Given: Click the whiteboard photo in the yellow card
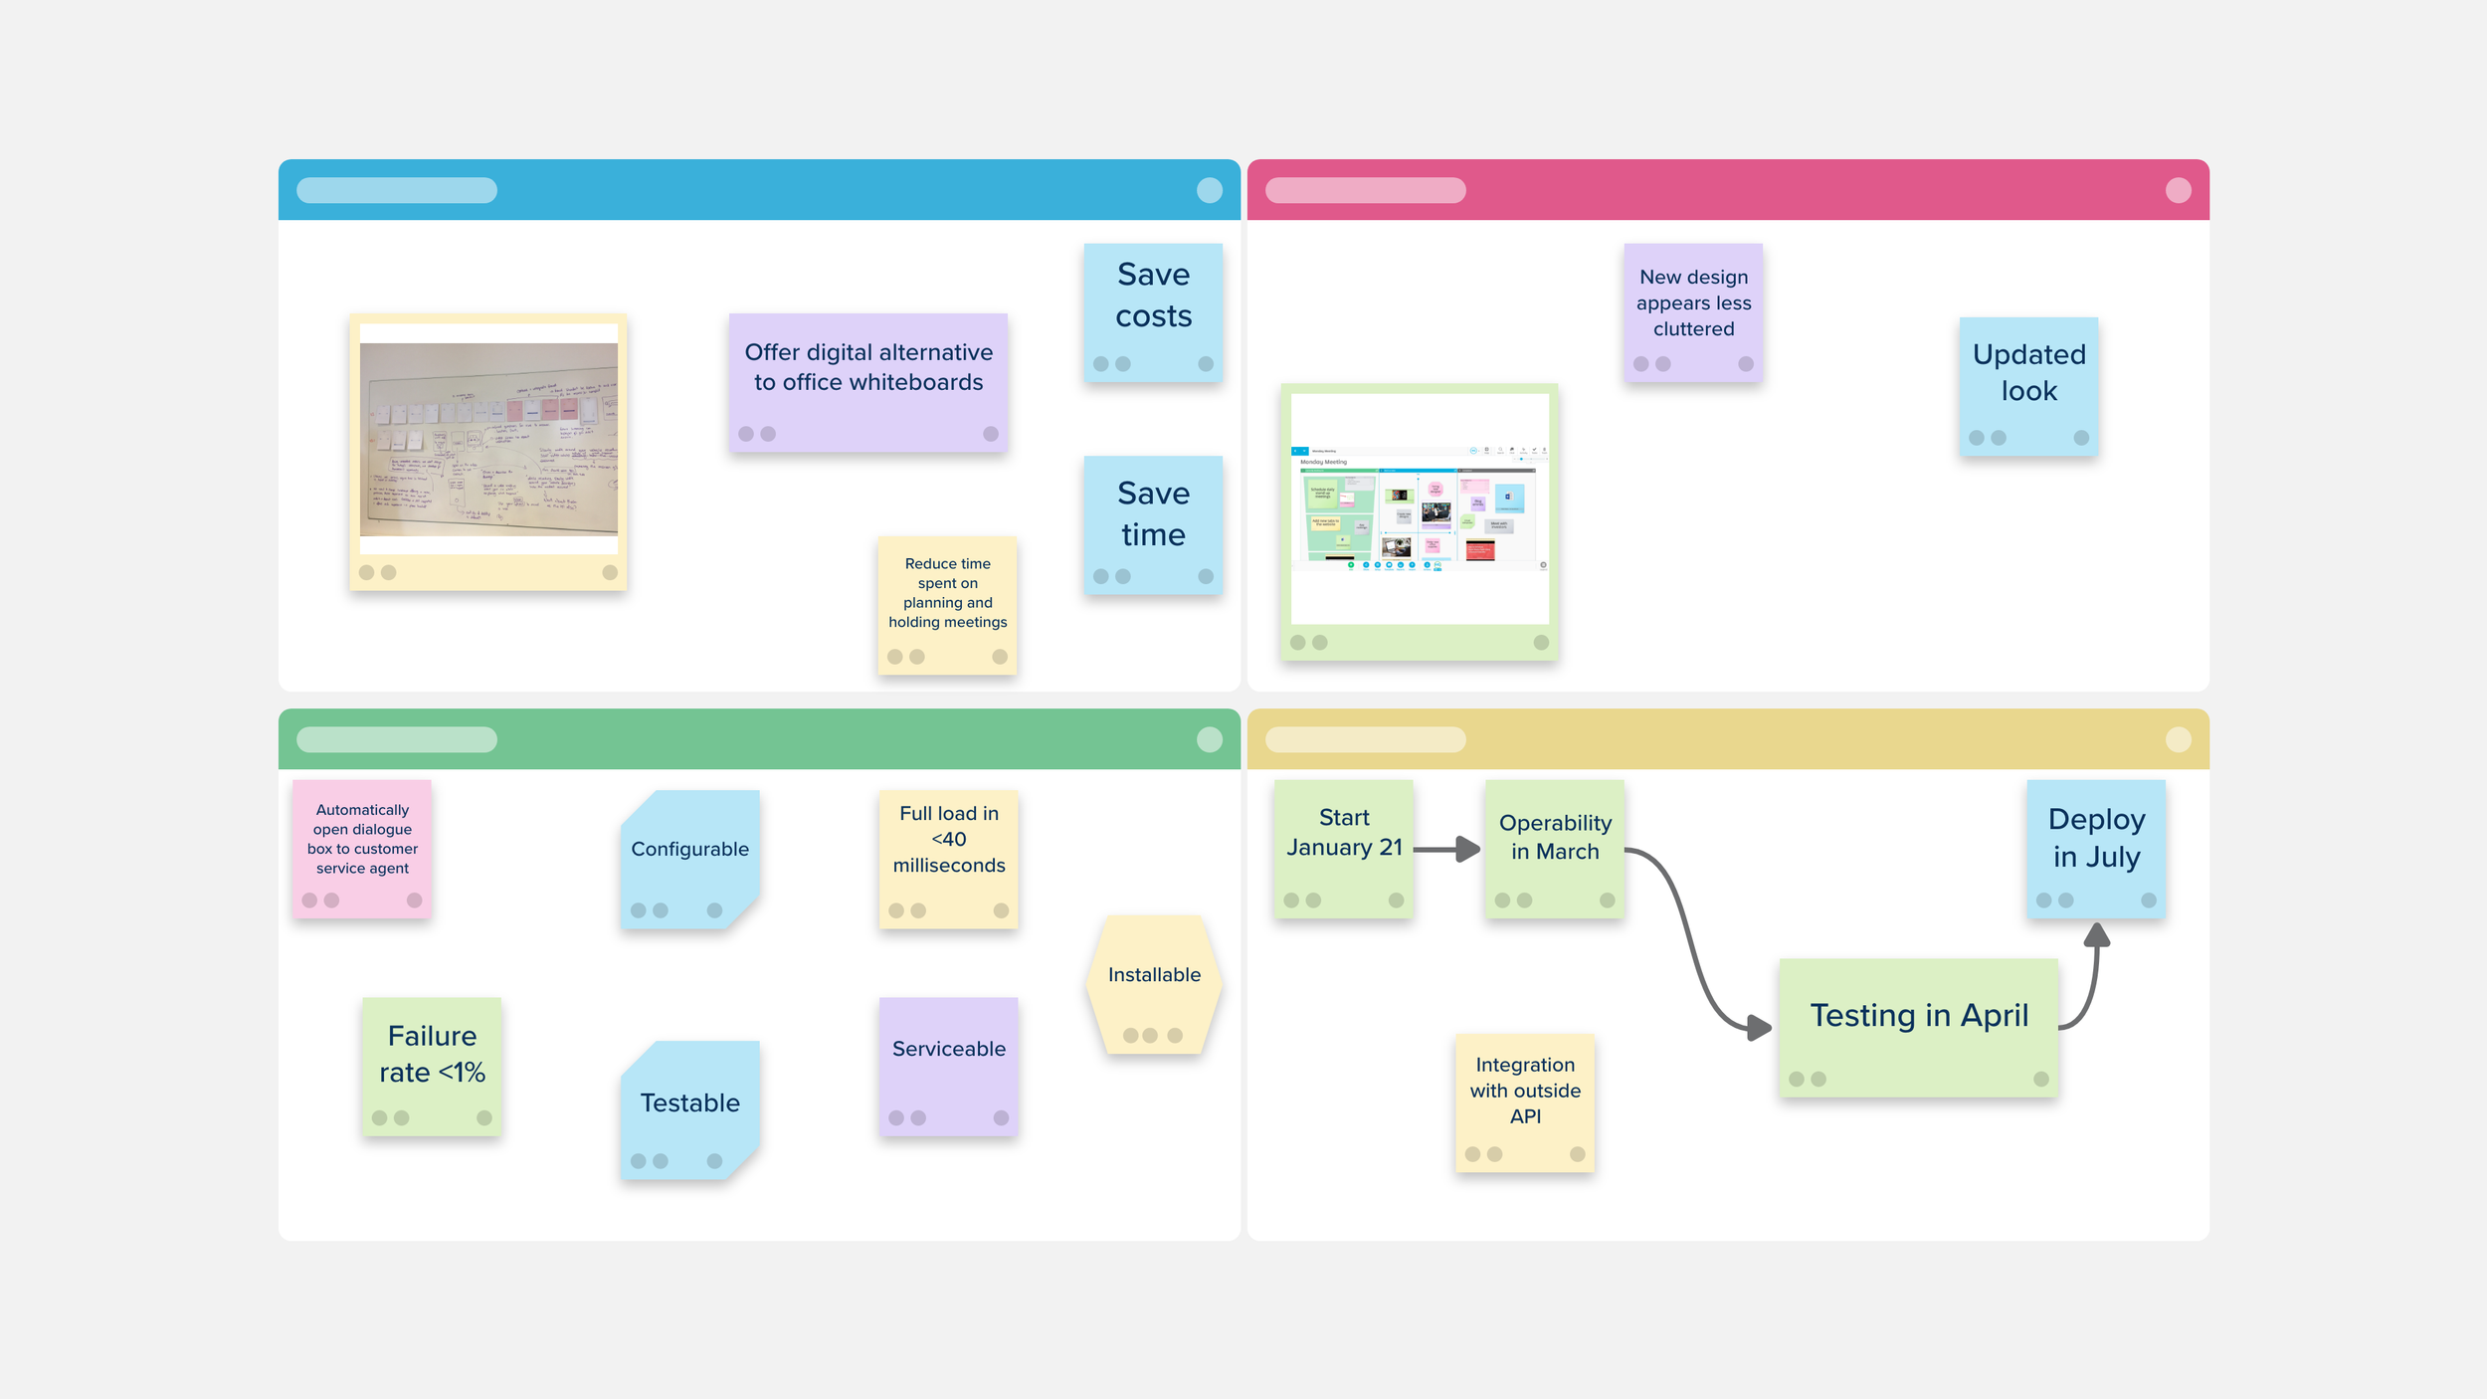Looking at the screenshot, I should [488, 439].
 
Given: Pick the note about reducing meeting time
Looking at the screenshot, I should [947, 597].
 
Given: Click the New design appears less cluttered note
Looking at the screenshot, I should [1693, 304].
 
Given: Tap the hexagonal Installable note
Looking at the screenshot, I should [1154, 980].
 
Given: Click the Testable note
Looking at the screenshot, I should [689, 1104].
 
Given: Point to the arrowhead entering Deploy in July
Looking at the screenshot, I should [2097, 935].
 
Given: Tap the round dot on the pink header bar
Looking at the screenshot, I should [2178, 190].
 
